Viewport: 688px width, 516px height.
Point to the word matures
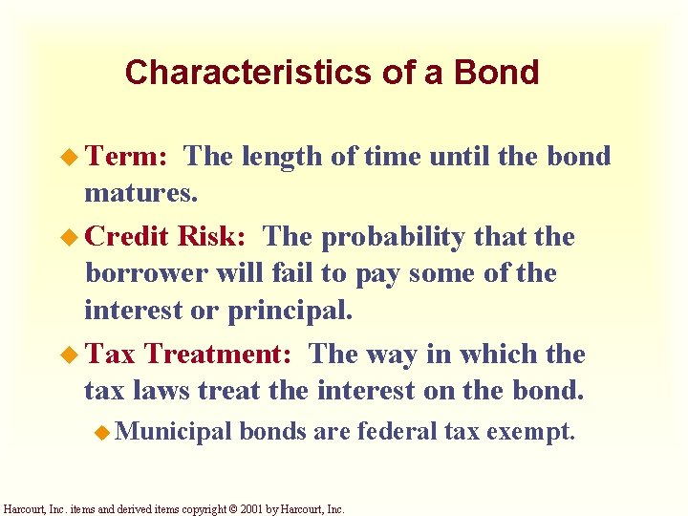click(x=140, y=195)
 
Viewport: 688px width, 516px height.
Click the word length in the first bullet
click(x=279, y=157)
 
